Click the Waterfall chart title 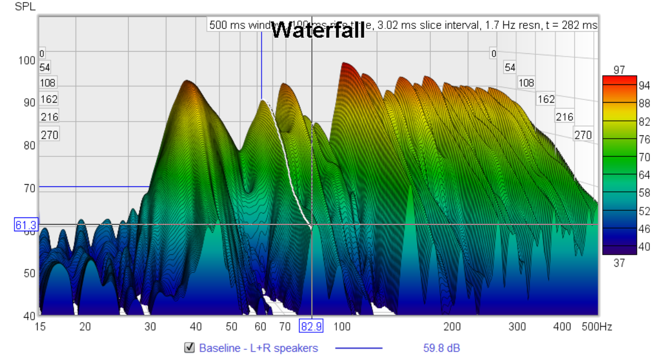click(318, 30)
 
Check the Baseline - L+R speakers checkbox click(190, 348)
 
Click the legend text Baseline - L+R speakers click(259, 348)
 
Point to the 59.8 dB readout click(438, 348)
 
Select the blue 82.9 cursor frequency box click(311, 327)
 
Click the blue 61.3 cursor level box click(26, 225)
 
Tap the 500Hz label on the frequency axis click(597, 327)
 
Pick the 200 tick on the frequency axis click(452, 327)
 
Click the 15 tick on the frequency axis click(40, 327)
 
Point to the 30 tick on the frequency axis click(150, 327)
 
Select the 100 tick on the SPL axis click(27, 60)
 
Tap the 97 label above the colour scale click(619, 70)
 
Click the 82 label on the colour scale click(644, 122)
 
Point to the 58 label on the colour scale click(644, 193)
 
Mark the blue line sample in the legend click(359, 348)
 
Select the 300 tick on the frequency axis click(517, 327)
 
